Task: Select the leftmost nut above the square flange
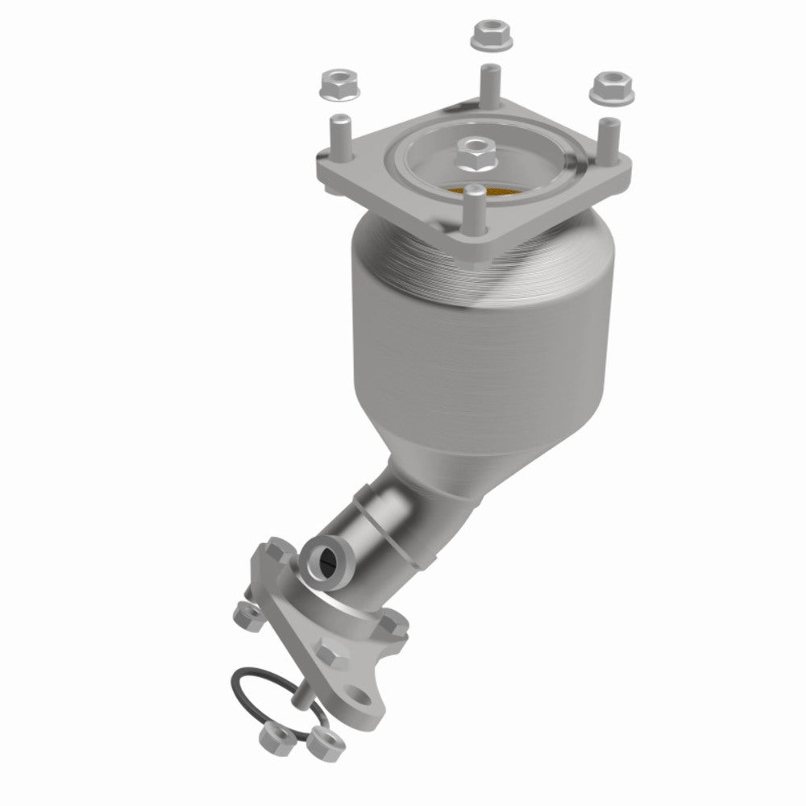click(334, 83)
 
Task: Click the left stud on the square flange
click(339, 139)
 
